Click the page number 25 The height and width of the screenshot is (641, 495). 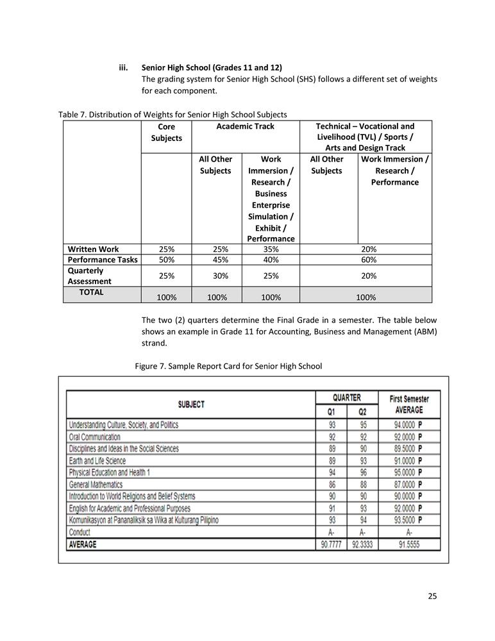point(432,596)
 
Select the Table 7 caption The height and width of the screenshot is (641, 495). point(172,114)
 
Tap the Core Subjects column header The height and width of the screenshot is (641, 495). point(166,132)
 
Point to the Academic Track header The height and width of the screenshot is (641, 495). point(246,126)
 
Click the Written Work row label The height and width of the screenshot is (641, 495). point(94,249)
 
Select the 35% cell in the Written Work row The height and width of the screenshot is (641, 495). point(271,249)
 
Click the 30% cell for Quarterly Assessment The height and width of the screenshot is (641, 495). point(215,276)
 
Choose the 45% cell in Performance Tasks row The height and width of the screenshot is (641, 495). point(215,260)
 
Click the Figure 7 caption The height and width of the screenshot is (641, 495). point(228,366)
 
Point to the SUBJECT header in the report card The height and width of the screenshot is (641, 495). point(191,404)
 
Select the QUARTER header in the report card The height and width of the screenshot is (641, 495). point(346,397)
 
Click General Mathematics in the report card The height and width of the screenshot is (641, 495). point(96,485)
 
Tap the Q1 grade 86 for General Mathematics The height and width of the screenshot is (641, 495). point(331,485)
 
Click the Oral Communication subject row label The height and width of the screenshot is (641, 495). point(94,437)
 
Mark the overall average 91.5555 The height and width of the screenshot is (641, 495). point(409,544)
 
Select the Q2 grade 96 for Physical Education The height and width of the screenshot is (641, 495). point(362,472)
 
